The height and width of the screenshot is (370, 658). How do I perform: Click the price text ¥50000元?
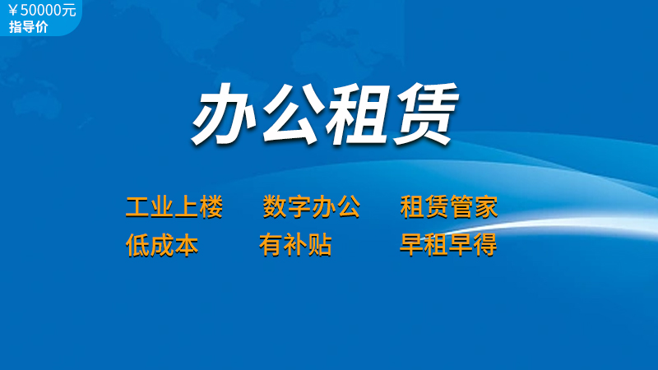point(43,10)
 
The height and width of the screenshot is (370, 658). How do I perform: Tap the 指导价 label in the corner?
point(29,27)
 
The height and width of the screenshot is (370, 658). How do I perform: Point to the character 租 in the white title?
point(358,113)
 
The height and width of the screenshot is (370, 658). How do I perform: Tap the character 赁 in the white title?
point(425,113)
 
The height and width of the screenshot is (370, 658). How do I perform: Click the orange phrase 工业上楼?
point(174,207)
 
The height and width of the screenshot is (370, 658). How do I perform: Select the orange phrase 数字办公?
point(312,207)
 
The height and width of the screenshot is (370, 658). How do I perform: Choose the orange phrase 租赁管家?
point(449,207)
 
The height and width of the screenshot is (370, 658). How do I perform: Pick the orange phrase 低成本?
point(162,245)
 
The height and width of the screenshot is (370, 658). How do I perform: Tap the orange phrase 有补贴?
point(295,245)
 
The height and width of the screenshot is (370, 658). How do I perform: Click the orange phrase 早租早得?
point(448,244)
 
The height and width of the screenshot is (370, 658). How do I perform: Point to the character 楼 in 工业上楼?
point(211,207)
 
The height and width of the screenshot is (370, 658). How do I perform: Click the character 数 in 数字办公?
point(275,207)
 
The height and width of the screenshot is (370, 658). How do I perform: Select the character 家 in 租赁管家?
point(486,207)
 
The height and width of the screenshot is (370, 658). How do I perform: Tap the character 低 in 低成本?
point(137,245)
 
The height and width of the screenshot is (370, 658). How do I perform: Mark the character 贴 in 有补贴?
point(320,245)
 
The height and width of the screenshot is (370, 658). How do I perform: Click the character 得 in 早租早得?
point(486,244)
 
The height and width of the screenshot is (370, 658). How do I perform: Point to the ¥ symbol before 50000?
point(13,11)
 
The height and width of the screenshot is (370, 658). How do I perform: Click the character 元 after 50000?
point(70,10)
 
